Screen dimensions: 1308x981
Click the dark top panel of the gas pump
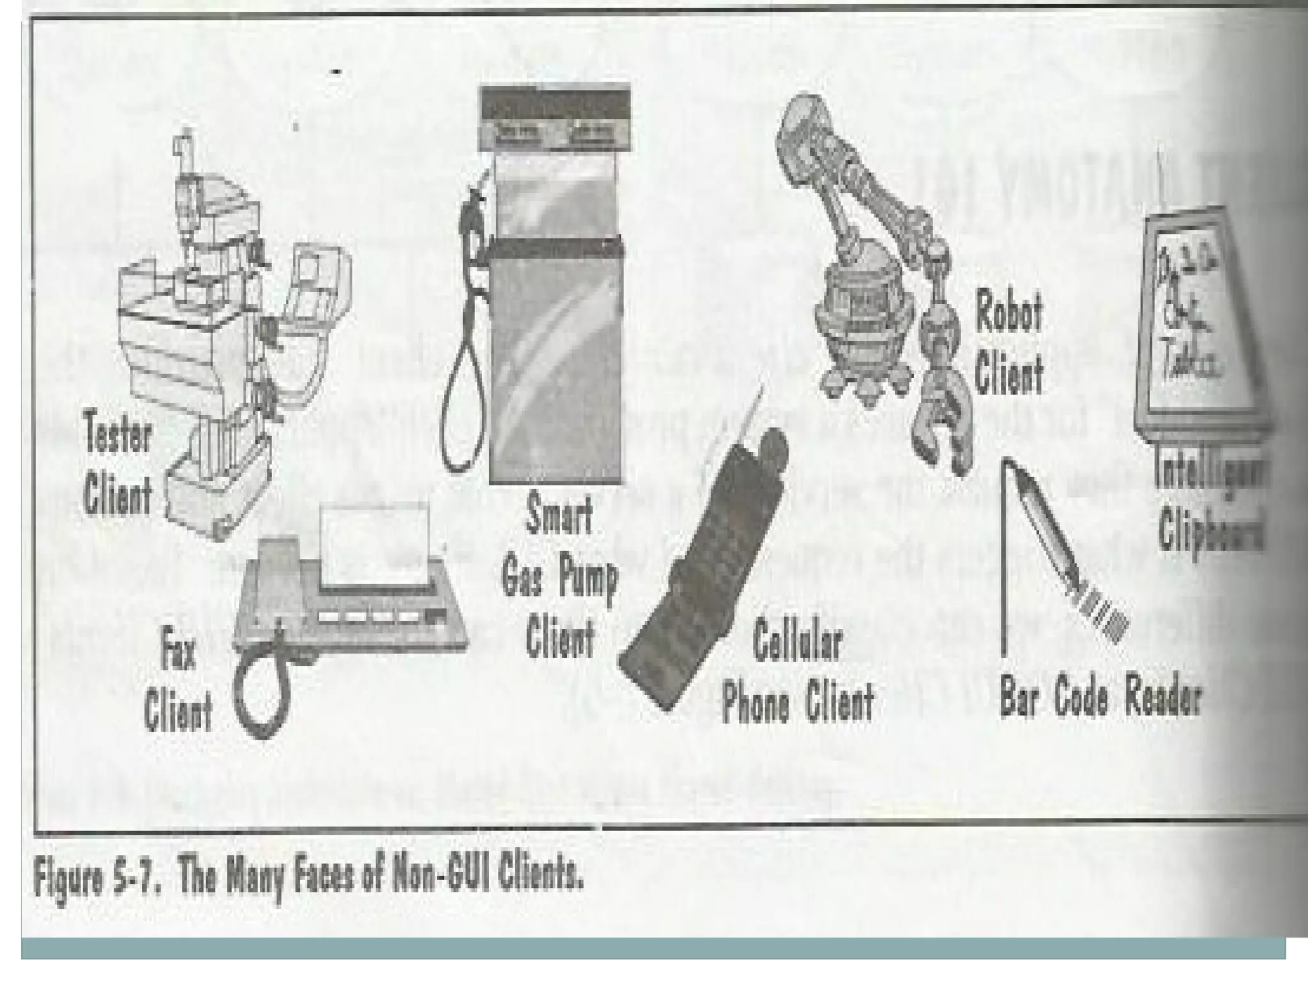[555, 102]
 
